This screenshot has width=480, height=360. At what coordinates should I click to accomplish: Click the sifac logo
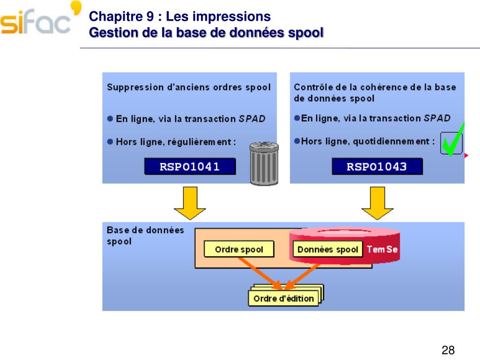click(x=40, y=21)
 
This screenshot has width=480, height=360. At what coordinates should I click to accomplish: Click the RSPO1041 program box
click(x=190, y=166)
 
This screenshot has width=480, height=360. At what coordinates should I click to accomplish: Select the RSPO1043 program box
click(x=377, y=166)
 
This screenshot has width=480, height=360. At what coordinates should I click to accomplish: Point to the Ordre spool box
click(x=239, y=249)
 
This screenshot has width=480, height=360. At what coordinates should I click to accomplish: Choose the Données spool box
click(x=328, y=249)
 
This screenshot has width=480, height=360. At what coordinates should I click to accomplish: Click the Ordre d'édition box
click(x=284, y=298)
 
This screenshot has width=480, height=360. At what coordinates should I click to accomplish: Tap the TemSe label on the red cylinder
click(x=382, y=249)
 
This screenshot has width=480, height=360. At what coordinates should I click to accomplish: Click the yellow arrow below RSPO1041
click(x=189, y=202)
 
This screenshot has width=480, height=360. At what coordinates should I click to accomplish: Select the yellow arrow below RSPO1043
click(x=377, y=202)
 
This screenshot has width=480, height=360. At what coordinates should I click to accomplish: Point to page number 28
click(x=448, y=350)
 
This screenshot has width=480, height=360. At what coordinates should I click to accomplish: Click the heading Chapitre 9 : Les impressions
click(x=180, y=17)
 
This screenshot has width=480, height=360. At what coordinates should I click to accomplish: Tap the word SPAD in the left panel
click(x=252, y=119)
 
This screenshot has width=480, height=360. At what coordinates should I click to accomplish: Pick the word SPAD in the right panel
click(x=437, y=118)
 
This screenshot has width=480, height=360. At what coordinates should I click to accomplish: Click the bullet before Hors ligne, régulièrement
click(x=110, y=141)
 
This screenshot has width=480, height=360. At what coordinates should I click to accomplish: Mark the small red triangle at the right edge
click(x=466, y=156)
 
